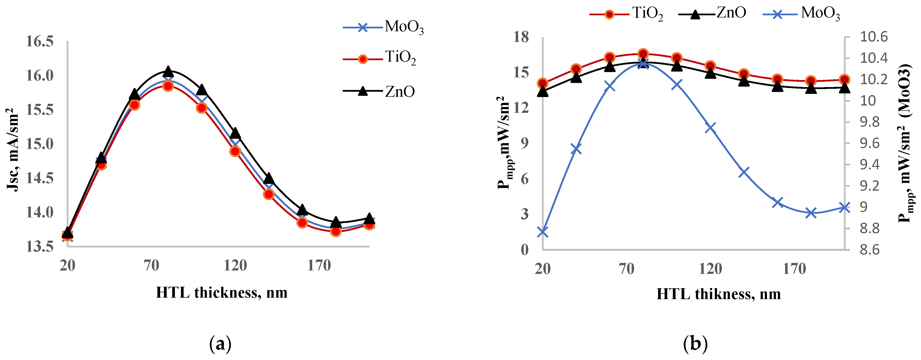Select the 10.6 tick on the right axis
pyautogui.click(x=873, y=37)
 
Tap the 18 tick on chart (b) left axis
pyautogui.click(x=521, y=37)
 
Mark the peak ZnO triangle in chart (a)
pyautogui.click(x=168, y=72)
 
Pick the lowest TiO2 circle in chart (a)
pyautogui.click(x=335, y=231)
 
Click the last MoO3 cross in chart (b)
pyautogui.click(x=845, y=207)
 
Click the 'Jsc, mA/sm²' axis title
pyautogui.click(x=13, y=150)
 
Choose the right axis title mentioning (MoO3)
pyautogui.click(x=904, y=143)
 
